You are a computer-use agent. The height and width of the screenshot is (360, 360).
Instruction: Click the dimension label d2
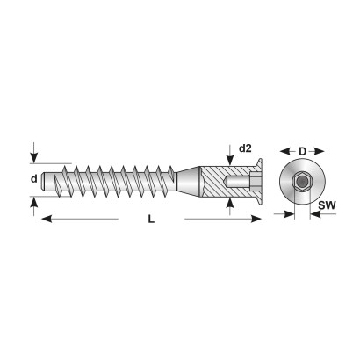click(x=245, y=148)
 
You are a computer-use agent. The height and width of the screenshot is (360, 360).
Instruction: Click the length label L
click(x=151, y=219)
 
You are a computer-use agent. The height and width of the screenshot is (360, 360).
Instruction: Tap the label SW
click(x=327, y=205)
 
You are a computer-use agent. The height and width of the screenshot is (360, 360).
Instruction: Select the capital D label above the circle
click(x=302, y=151)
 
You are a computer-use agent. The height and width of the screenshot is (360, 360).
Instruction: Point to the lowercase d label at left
click(x=34, y=178)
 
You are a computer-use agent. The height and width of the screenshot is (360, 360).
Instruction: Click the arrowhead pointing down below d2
click(x=230, y=161)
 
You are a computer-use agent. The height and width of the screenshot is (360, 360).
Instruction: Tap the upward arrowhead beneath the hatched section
click(x=230, y=203)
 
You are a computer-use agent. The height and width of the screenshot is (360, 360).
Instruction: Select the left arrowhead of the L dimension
click(x=47, y=219)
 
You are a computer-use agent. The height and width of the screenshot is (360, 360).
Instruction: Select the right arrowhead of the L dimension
click(x=256, y=219)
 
